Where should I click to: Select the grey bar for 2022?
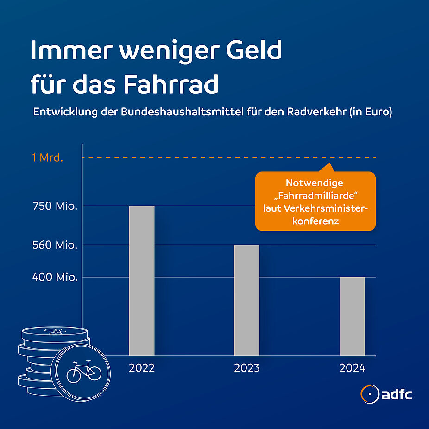tap(141, 280)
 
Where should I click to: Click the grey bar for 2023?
tap(246, 300)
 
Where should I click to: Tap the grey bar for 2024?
tap(352, 316)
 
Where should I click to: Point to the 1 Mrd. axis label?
tap(47, 158)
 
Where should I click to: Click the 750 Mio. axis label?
tap(55, 206)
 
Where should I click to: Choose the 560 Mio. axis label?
tap(55, 245)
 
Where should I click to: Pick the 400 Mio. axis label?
tap(55, 278)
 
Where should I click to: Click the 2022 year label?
tap(141, 368)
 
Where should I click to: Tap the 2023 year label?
tap(246, 368)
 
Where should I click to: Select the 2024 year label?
tap(352, 368)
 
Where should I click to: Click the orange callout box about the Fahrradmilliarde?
tap(315, 202)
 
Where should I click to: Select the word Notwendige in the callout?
tap(315, 183)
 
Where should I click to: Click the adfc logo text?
tap(397, 395)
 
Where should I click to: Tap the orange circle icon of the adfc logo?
tap(369, 394)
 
